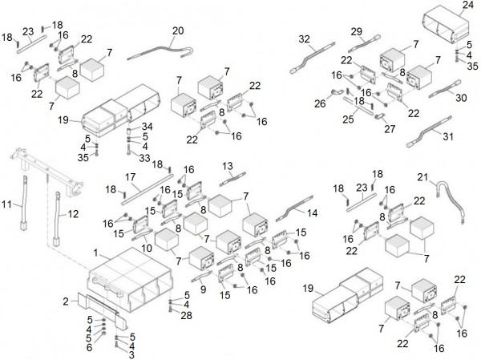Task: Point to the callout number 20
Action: point(178,30)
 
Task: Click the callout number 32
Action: point(304,38)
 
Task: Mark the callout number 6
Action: point(90,347)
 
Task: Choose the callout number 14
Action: point(313,212)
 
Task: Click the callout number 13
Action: point(228,165)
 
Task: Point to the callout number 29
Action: point(356,31)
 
